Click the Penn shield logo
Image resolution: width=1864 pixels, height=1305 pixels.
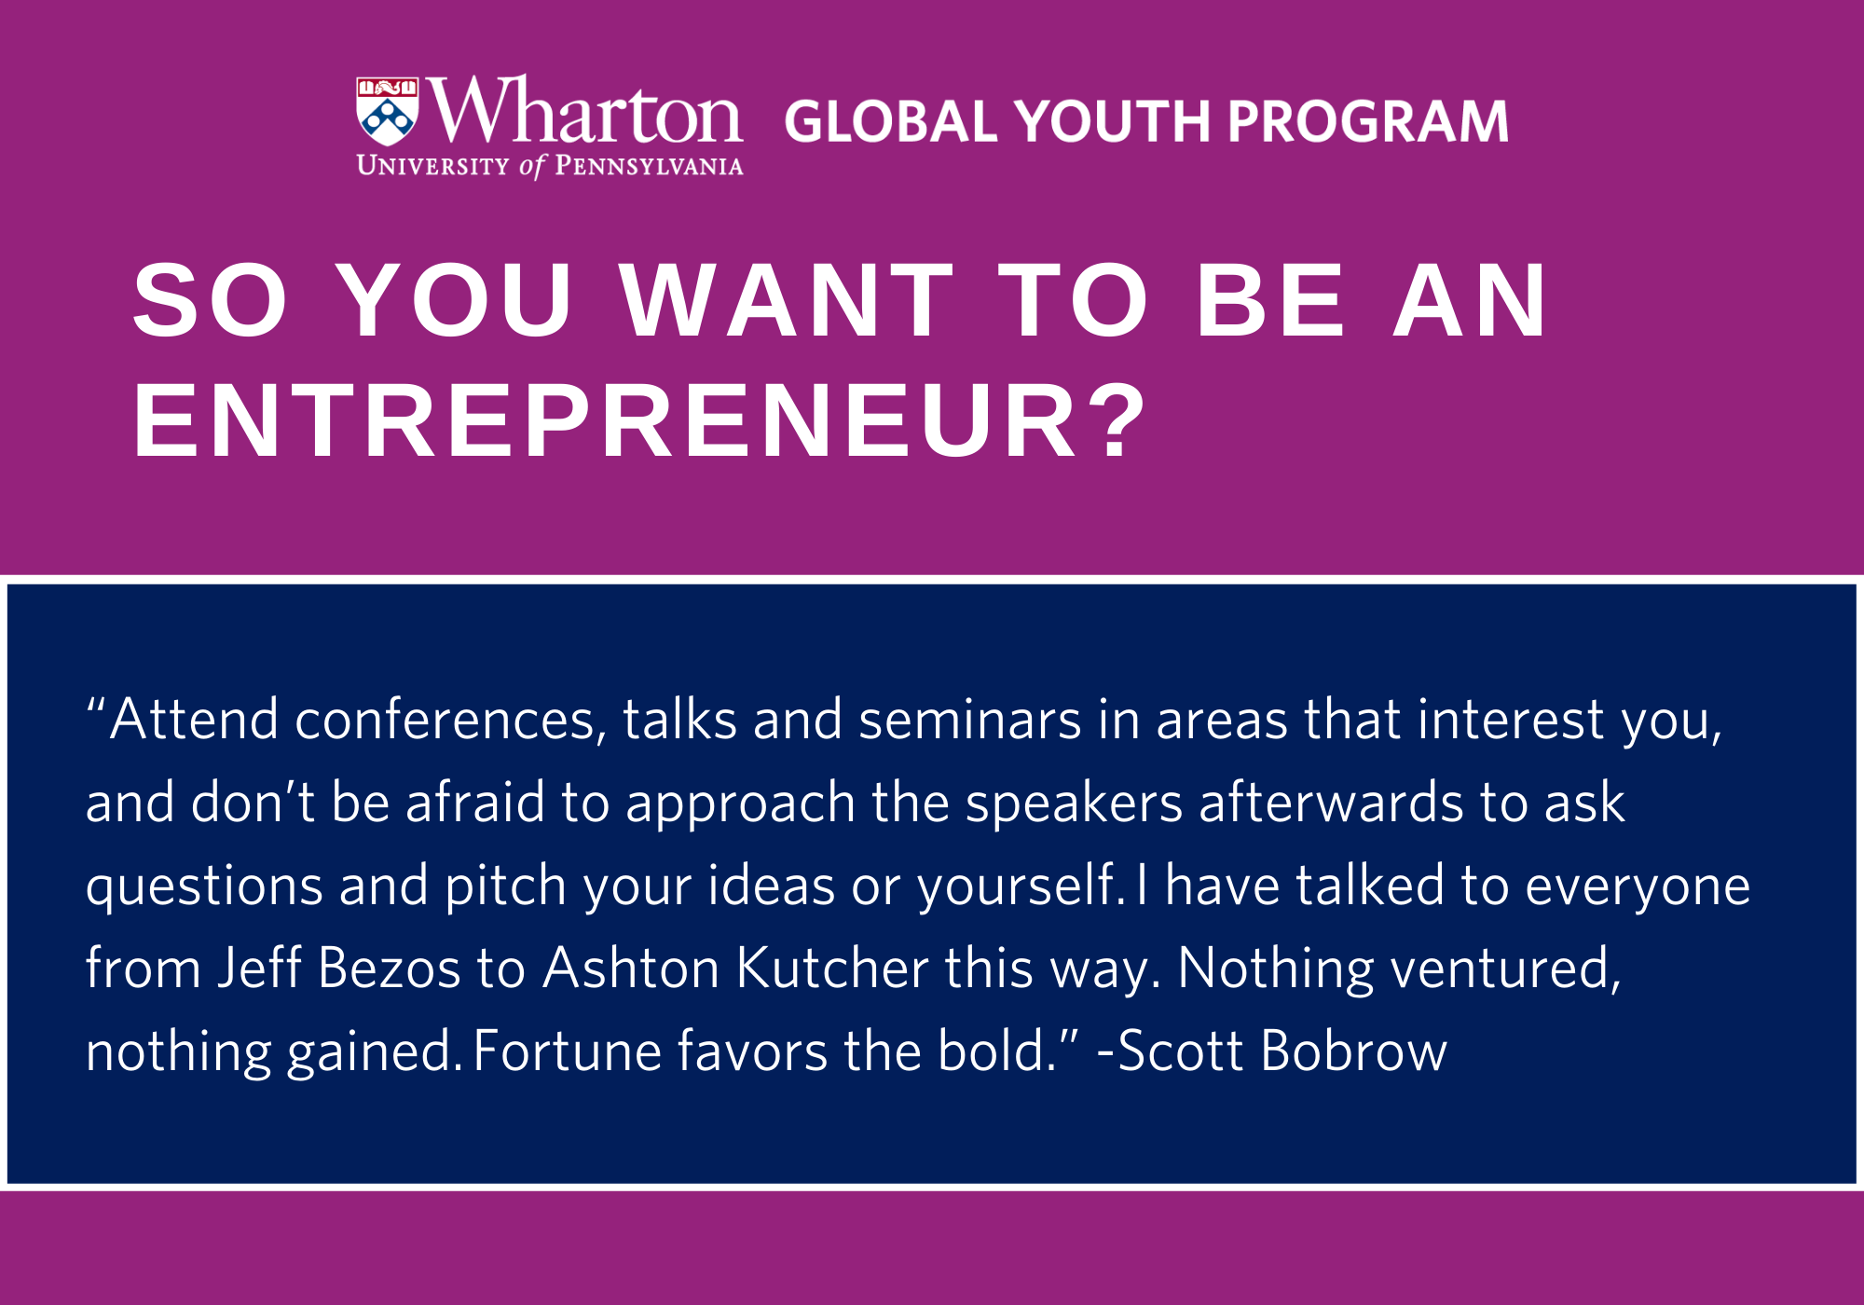click(388, 111)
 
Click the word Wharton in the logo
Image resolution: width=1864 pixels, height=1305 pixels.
click(584, 111)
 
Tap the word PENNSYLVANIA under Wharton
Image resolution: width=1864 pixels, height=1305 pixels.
click(649, 166)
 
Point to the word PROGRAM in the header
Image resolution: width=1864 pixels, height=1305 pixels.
click(1367, 121)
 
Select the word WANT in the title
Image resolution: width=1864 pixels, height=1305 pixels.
click(788, 300)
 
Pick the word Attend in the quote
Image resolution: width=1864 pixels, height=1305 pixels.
click(194, 720)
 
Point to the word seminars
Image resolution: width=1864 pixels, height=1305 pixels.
click(970, 721)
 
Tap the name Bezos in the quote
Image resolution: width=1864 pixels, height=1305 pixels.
click(389, 968)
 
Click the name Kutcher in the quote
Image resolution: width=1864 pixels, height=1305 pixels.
click(832, 968)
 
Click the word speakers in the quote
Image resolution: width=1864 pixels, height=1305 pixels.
click(1074, 804)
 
